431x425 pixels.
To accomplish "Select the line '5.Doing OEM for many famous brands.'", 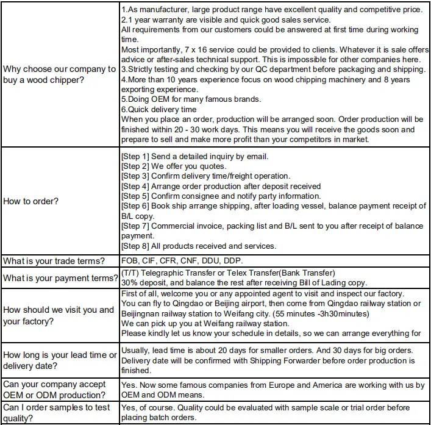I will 191,99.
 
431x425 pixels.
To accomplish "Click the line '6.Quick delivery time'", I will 159,109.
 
